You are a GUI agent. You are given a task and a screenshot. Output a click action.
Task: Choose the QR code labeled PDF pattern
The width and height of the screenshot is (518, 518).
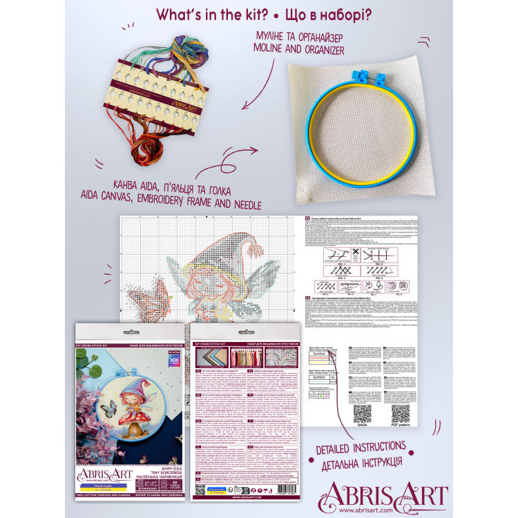click(401, 412)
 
